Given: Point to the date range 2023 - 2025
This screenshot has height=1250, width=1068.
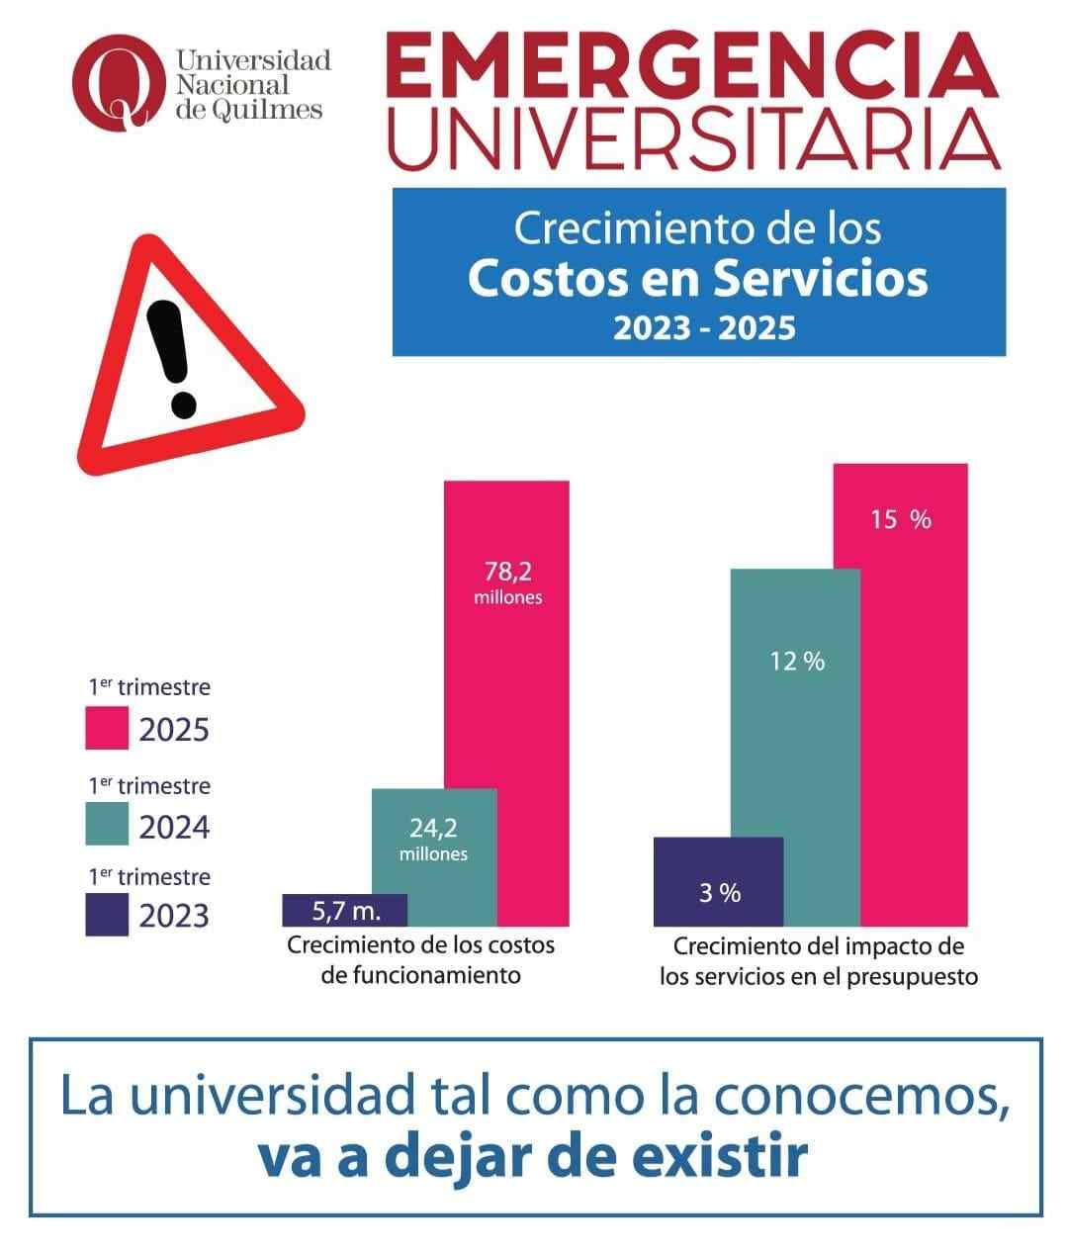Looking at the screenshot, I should point(704,327).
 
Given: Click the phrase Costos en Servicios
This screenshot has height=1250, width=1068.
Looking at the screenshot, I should point(697,279).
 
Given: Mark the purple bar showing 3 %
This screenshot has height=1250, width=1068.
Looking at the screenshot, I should point(719,880).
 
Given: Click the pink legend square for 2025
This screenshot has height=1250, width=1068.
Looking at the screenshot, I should point(107,728).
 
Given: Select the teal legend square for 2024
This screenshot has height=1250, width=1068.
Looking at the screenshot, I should point(107,824).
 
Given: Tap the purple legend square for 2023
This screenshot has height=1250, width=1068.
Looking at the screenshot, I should point(107,914).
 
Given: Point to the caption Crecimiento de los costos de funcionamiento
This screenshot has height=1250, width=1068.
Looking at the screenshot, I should point(421,959).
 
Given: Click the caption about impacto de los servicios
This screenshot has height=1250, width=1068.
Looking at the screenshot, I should point(819,960).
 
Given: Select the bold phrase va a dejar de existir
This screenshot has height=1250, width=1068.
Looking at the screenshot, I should point(532,1158).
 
